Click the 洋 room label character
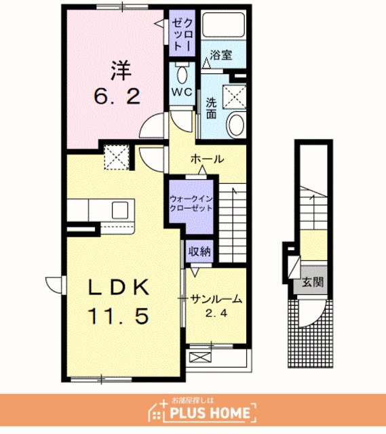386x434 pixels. [x=121, y=71]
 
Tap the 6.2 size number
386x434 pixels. [x=117, y=96]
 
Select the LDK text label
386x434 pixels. [x=119, y=287]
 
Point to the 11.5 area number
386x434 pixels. [x=119, y=316]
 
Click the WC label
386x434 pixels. [x=182, y=92]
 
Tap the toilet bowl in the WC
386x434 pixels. [x=182, y=74]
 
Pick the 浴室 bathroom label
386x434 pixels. [x=221, y=55]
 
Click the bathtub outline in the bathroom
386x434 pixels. [x=223, y=25]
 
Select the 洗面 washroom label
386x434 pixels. [x=211, y=108]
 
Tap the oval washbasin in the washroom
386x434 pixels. [x=235, y=125]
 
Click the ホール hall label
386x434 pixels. [x=207, y=159]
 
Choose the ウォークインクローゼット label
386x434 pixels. [x=191, y=203]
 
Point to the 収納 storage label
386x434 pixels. [x=199, y=252]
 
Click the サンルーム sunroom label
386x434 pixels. [x=216, y=299]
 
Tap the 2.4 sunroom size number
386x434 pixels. [x=216, y=313]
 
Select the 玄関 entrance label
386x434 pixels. [x=313, y=282]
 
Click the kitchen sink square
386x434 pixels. [x=120, y=210]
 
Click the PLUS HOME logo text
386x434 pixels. [x=210, y=413]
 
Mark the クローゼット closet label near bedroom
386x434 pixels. [x=182, y=33]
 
